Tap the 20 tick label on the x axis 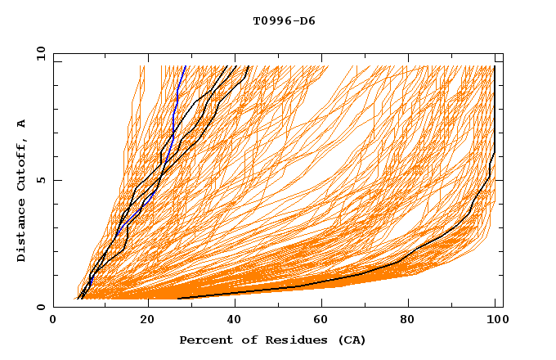147,321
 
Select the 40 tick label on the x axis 235,321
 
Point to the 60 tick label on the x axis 324,321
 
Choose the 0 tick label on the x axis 53,321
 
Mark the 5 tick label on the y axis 40,180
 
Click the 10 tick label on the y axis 38,52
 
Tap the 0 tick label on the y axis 40,307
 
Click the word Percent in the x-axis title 202,340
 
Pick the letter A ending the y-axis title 22,123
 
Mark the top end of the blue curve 186,66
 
